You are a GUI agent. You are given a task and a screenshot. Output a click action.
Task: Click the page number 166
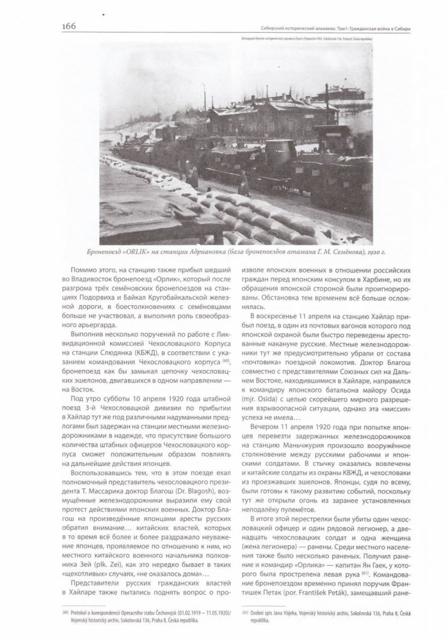pyautogui.click(x=69, y=26)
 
